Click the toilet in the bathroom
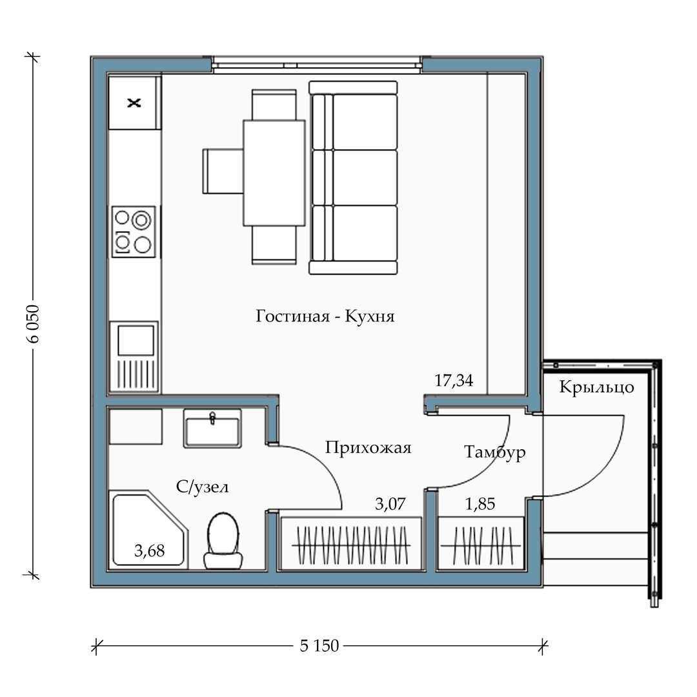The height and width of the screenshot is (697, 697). click(223, 541)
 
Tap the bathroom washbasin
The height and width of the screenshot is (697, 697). click(212, 428)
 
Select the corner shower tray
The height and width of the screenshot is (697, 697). click(148, 529)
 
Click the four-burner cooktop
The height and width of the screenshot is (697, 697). click(134, 232)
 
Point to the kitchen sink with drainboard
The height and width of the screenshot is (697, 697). click(134, 356)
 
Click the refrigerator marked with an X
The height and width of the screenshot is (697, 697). click(134, 103)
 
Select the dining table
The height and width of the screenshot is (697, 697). click(274, 173)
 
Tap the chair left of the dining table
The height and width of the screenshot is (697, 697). click(223, 171)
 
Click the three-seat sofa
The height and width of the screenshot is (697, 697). click(353, 177)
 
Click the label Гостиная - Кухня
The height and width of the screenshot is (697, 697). click(325, 316)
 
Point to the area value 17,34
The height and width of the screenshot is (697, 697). click(454, 381)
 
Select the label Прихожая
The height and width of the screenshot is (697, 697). click(368, 447)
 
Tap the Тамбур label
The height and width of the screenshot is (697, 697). click(495, 452)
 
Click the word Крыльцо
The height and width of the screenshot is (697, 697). click(596, 387)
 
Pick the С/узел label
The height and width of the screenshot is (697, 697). click(202, 487)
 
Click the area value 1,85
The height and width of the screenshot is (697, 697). click(480, 504)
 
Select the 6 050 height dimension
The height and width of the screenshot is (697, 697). click(33, 323)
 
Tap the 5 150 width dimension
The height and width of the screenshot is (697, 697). click(319, 645)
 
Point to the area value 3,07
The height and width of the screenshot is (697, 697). click(390, 504)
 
